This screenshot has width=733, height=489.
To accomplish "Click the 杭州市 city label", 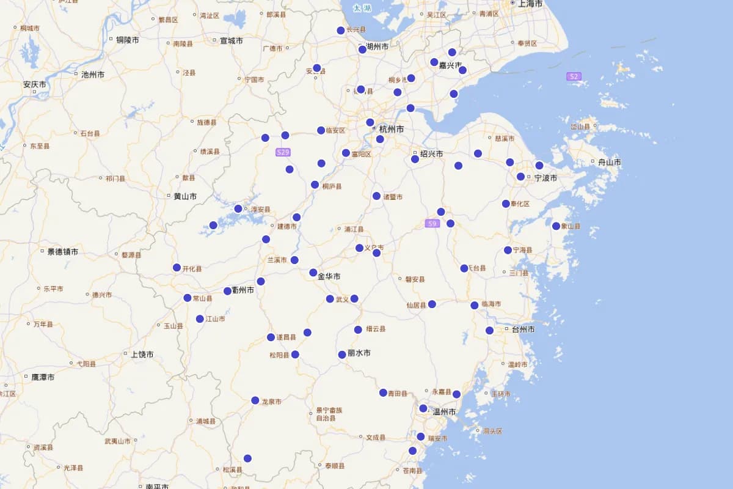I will [391, 129].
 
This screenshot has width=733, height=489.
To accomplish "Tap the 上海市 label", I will [530, 4].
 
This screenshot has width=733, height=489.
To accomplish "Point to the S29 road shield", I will [283, 152].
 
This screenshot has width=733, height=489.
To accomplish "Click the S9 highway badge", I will [432, 224].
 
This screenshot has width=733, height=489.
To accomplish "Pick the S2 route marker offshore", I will [573, 76].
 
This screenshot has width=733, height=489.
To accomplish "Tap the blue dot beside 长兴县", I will [341, 31].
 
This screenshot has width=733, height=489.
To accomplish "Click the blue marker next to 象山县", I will [556, 226].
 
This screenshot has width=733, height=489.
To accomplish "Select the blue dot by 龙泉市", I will [255, 400].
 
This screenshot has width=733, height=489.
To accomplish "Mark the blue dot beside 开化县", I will [177, 268].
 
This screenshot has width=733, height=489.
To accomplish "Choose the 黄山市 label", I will [185, 196].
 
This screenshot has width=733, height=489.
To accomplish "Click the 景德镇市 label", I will [62, 252].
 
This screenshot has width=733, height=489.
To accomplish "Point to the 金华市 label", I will [329, 276].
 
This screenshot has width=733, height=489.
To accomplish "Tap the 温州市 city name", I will [444, 412].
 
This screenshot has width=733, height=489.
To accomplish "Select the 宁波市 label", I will [545, 178].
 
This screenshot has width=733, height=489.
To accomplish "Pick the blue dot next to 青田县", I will [383, 392].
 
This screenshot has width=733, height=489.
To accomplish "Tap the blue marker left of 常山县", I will [188, 298].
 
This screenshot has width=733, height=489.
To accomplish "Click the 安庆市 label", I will [35, 84].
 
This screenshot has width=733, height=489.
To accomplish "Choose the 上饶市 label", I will [142, 354].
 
